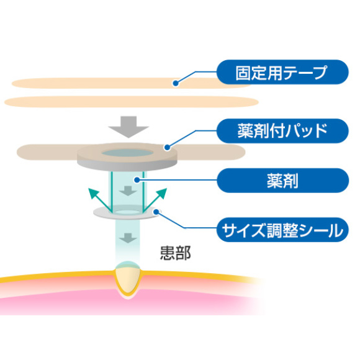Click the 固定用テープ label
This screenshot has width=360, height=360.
coord(282,72)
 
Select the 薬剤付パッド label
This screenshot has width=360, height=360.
coord(282,131)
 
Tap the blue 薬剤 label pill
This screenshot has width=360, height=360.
coord(282,181)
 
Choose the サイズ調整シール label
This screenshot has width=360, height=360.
coord(282,230)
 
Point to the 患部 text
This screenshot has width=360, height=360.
coord(176,253)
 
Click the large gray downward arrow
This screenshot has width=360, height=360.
coord(128,127)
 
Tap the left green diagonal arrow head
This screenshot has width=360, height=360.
coord(93,193)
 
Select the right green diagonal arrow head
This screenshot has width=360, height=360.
coord(162,193)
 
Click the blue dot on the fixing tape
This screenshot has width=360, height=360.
coord(176,83)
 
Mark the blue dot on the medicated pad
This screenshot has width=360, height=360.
coord(168,147)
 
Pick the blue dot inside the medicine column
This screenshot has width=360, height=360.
coord(137,180)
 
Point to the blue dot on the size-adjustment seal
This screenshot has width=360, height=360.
coord(156,212)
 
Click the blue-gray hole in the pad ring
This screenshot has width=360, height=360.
coord(127,153)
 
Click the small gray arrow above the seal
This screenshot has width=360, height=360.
coord(128,191)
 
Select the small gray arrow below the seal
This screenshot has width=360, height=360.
coord(128,238)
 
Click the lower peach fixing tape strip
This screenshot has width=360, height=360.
coord(132,102)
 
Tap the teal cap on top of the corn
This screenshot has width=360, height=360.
coord(128,264)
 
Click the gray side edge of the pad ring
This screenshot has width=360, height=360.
coord(127,166)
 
